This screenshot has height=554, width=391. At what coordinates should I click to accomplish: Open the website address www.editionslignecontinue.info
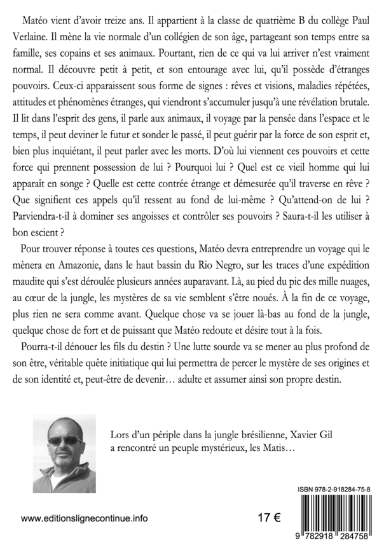click(85, 518)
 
